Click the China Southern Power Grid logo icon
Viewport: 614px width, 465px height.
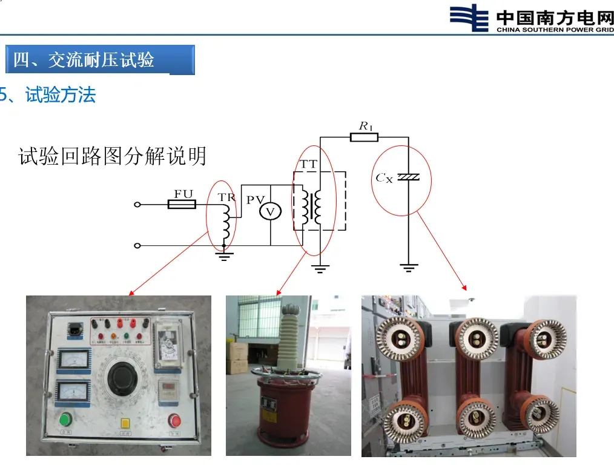[469, 18]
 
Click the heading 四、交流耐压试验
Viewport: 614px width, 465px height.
[84, 60]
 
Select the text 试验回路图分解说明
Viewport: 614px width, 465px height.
[113, 156]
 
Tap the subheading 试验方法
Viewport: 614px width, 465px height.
[61, 95]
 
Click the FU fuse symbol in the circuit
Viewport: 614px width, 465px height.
[181, 205]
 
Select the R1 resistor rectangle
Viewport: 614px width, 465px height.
[364, 137]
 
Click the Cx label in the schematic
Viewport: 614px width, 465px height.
[384, 178]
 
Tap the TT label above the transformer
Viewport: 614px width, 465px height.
[308, 163]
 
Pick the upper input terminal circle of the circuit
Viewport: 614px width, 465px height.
[137, 205]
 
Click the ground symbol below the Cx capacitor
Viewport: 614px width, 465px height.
[409, 266]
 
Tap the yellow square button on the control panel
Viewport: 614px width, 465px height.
[126, 424]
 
